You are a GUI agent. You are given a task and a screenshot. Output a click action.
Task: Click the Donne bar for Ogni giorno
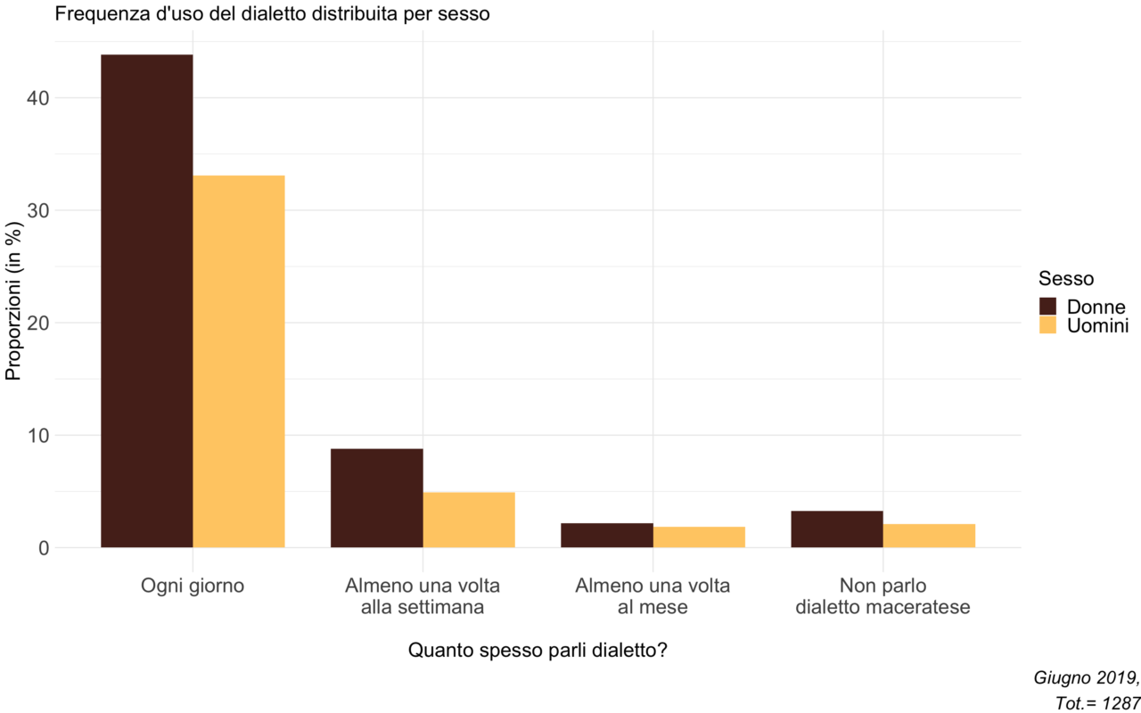tap(147, 301)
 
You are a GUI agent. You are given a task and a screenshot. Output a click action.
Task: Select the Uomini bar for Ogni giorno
tap(239, 362)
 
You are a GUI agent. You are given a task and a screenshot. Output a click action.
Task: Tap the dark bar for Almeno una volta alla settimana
tap(377, 498)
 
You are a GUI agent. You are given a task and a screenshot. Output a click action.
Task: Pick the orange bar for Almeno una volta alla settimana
tap(469, 520)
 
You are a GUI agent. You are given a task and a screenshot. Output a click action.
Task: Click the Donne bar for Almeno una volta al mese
tap(607, 536)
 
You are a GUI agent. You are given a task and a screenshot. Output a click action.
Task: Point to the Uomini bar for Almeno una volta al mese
tap(700, 537)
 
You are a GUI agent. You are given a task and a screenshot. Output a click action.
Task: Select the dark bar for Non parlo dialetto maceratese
tap(837, 529)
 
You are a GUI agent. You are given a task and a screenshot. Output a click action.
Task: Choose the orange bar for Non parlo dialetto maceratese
tap(930, 536)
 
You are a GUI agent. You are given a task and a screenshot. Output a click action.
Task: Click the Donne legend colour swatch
tap(1047, 307)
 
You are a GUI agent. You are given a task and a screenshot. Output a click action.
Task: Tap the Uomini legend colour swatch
tap(1047, 325)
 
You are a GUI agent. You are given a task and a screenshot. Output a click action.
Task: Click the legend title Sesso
tap(1066, 279)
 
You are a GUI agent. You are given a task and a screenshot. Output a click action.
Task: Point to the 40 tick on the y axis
tap(38, 98)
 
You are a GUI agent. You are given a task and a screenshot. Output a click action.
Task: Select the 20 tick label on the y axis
tap(38, 323)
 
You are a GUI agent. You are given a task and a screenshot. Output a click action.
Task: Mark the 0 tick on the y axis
tap(45, 548)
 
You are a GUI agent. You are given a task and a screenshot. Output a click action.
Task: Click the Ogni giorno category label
tap(193, 586)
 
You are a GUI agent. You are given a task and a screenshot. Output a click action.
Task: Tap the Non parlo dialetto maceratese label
tap(882, 596)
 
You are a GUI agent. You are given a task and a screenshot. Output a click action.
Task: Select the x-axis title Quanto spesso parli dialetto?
tap(538, 651)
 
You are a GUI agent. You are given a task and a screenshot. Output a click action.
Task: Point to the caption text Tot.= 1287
tap(1096, 703)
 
